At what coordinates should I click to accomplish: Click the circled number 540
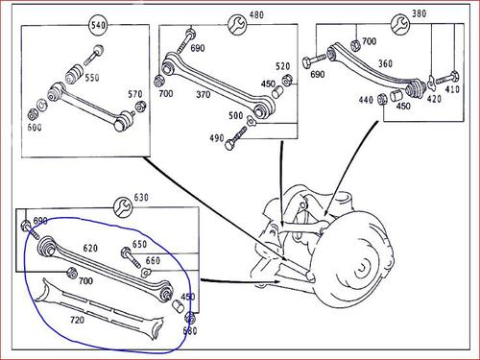(x=98, y=25)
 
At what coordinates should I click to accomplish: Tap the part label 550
(x=92, y=78)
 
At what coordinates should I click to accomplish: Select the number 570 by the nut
(x=135, y=94)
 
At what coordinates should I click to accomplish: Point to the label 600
(x=35, y=128)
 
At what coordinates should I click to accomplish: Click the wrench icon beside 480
(x=237, y=25)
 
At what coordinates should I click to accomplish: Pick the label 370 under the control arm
(x=204, y=95)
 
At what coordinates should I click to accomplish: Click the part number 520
(x=282, y=66)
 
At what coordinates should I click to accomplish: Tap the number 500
(x=235, y=115)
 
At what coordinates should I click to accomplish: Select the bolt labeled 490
(x=236, y=138)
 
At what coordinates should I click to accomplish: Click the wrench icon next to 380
(x=400, y=24)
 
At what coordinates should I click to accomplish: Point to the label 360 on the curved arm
(x=385, y=63)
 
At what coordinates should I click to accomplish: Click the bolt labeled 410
(x=447, y=78)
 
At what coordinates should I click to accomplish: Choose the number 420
(x=434, y=99)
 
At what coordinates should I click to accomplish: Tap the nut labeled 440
(x=382, y=99)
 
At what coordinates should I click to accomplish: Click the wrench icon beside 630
(x=123, y=207)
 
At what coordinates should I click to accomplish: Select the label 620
(x=90, y=248)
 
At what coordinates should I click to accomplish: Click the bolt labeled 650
(x=131, y=257)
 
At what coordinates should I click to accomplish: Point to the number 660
(x=153, y=260)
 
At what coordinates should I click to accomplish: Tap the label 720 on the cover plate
(x=77, y=320)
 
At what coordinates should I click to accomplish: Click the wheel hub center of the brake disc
(x=364, y=268)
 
